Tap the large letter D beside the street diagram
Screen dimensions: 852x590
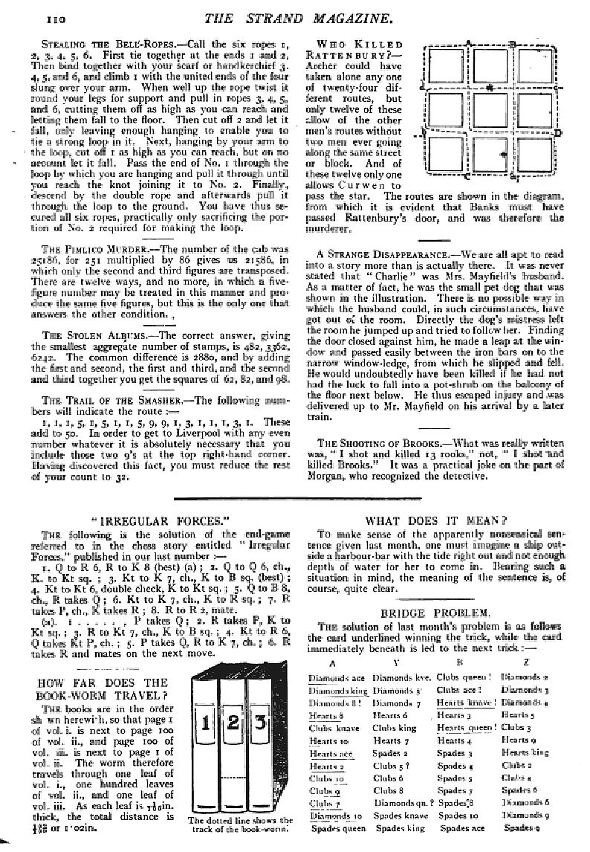point(558,134)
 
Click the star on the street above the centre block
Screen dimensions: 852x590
point(488,88)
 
